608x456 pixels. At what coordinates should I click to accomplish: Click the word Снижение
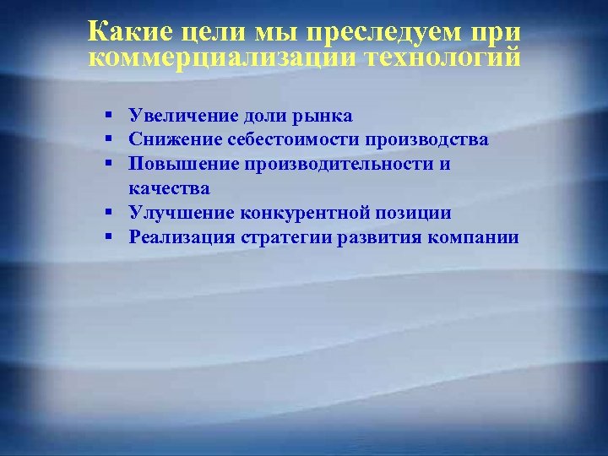pos(166,139)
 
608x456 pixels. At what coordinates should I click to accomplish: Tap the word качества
pos(169,188)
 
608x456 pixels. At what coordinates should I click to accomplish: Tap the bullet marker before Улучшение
pos(111,213)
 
